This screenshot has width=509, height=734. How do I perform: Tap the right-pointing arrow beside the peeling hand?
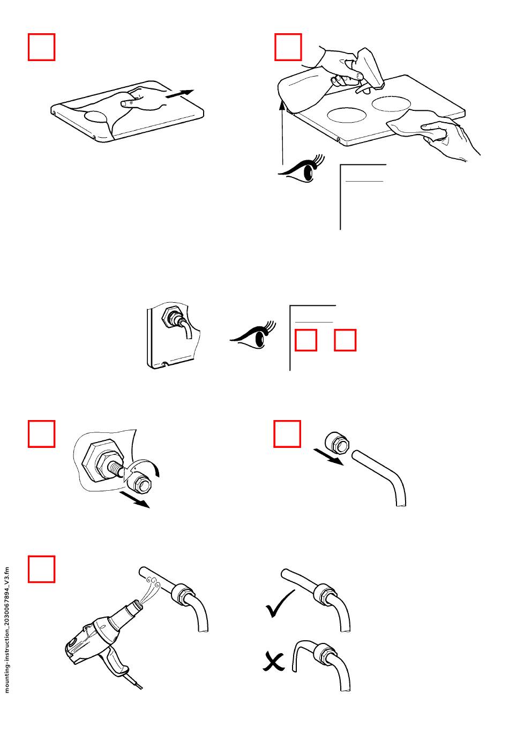click(179, 94)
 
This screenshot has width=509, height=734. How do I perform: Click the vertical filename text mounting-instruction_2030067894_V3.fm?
click(8, 630)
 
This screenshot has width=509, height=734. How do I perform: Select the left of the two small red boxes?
click(305, 340)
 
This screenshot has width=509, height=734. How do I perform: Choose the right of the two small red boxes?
click(345, 340)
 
